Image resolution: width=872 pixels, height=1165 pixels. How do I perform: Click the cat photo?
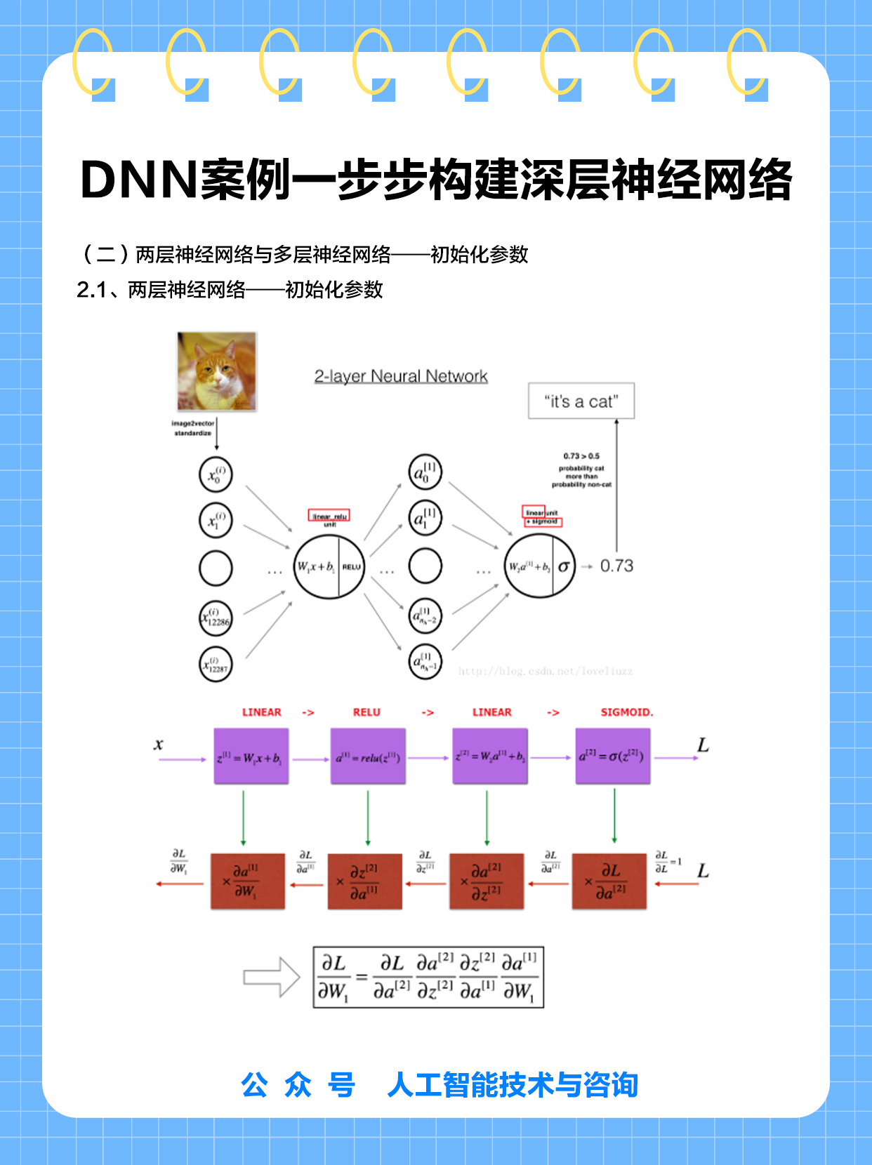coord(217,371)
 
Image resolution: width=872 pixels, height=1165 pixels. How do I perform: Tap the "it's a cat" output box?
coord(581,401)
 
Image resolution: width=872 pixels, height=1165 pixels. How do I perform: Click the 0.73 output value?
coord(616,566)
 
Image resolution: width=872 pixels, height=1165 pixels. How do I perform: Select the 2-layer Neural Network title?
coord(401,376)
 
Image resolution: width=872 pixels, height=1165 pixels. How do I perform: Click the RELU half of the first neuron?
coord(352,566)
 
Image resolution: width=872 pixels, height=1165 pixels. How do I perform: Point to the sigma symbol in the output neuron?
coord(563,566)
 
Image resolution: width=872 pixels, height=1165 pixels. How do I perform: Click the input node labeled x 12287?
coord(216,663)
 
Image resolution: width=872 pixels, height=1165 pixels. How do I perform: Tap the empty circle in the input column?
coord(216,568)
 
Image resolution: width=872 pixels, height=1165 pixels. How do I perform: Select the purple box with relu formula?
coord(368,757)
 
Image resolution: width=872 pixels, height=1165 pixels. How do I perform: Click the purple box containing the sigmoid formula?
coord(612,757)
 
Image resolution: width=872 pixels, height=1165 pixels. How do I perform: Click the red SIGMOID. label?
coord(626,712)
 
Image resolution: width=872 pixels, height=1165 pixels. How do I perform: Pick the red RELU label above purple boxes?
coord(366,712)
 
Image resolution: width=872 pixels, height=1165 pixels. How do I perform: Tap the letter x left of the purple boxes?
coord(159,745)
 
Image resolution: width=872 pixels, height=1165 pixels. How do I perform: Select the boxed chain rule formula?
coord(428,977)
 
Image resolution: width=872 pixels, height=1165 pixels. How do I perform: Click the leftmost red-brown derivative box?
coord(248,881)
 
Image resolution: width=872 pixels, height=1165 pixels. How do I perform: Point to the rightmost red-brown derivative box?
coord(609,881)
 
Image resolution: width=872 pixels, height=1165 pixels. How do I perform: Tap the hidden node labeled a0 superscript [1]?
coord(425,473)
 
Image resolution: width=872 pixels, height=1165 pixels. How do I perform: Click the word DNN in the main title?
coord(138,180)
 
